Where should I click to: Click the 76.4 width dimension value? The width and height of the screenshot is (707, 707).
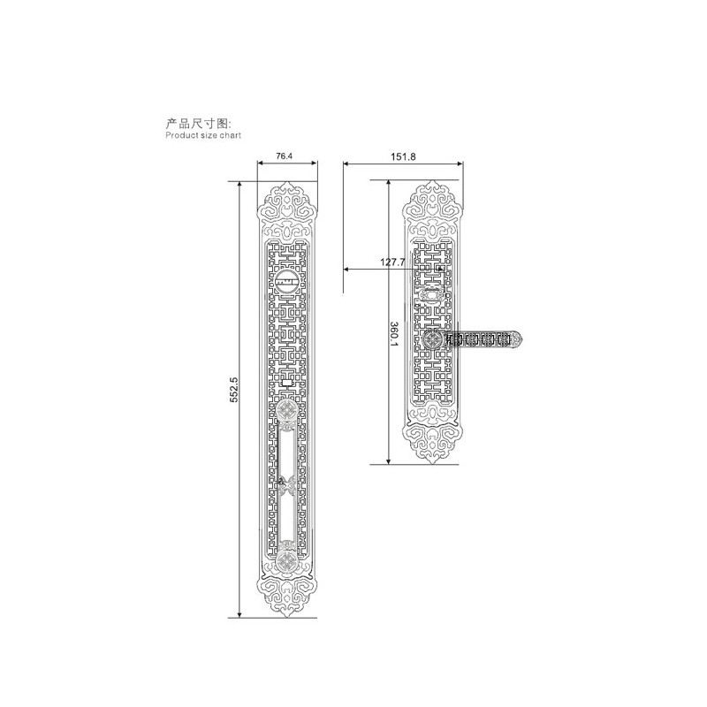[284, 156]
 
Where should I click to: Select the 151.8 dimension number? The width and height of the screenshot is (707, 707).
[403, 157]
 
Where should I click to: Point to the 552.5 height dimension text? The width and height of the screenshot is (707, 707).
[233, 390]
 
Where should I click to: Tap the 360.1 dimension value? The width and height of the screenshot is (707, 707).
[394, 334]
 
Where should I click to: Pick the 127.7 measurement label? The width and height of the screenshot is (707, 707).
[392, 262]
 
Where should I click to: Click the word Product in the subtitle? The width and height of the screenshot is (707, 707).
[181, 135]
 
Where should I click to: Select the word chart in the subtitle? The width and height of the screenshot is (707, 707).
[231, 135]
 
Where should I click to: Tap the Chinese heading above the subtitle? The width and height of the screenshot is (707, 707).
[198, 123]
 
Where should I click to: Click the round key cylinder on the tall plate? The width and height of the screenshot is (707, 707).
[286, 281]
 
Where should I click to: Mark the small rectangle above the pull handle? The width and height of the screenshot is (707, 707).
[286, 384]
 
